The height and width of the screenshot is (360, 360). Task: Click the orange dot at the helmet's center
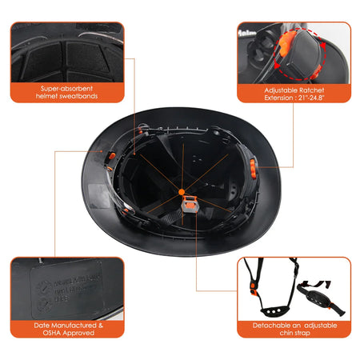pos(182,192)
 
